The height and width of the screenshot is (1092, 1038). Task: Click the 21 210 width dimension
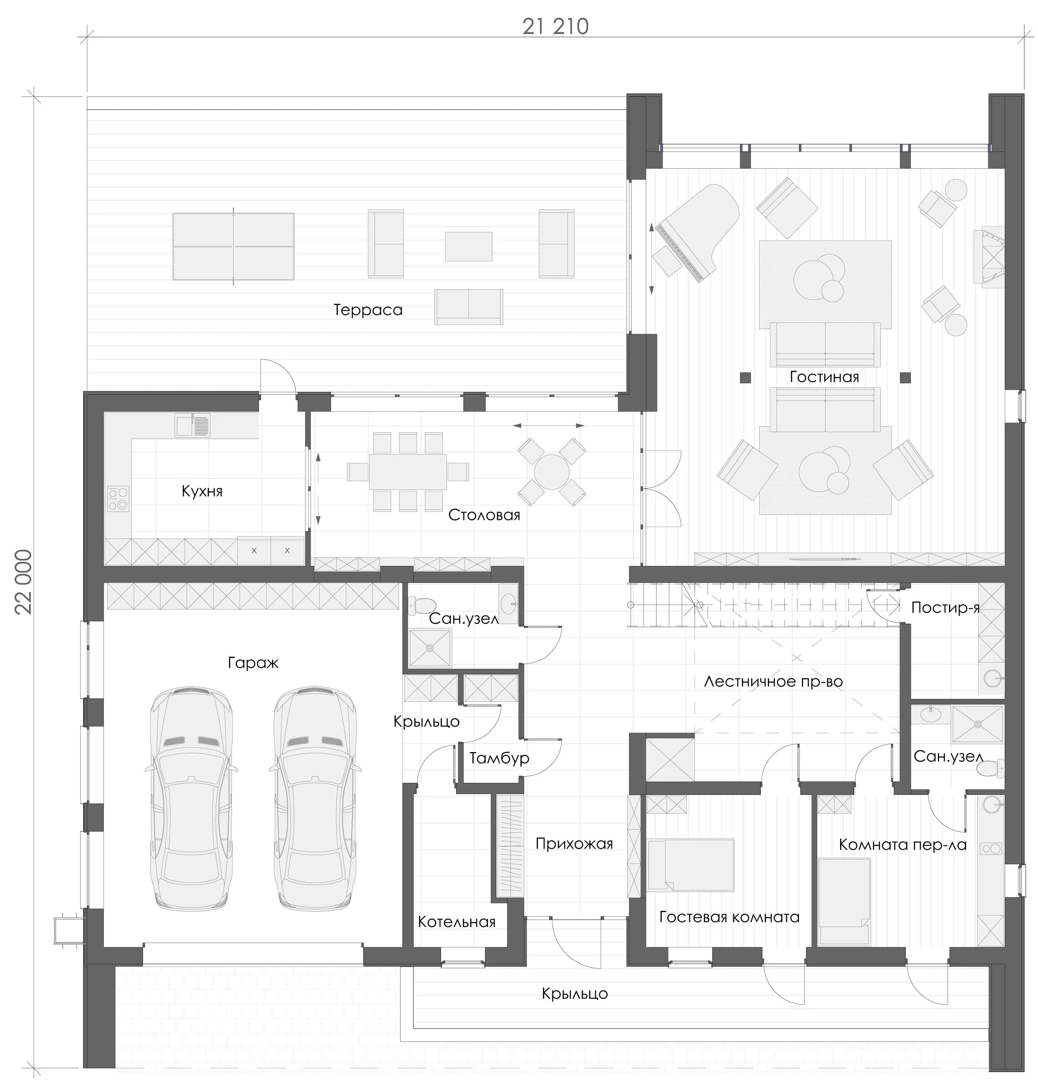[x=555, y=27]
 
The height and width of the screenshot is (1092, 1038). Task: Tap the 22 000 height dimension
[x=24, y=582]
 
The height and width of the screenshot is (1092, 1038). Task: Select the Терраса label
[x=368, y=310]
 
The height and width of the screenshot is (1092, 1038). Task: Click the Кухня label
[x=202, y=491]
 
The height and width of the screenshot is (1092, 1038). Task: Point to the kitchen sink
[x=192, y=425]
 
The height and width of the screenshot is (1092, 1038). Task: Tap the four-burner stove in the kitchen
[x=118, y=499]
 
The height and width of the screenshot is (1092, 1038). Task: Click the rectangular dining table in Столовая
[x=408, y=472]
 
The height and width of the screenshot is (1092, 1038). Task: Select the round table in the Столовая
[x=552, y=472]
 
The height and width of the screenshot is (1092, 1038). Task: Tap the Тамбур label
[x=499, y=758]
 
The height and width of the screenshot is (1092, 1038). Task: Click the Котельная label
[x=456, y=922]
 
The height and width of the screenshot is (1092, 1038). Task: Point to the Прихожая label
[x=574, y=844]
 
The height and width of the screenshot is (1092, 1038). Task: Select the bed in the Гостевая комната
[x=690, y=865]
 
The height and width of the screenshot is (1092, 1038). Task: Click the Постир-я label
[x=945, y=607]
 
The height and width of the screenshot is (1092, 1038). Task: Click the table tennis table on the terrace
[x=234, y=246]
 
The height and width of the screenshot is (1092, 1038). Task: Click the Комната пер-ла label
[x=902, y=845]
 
